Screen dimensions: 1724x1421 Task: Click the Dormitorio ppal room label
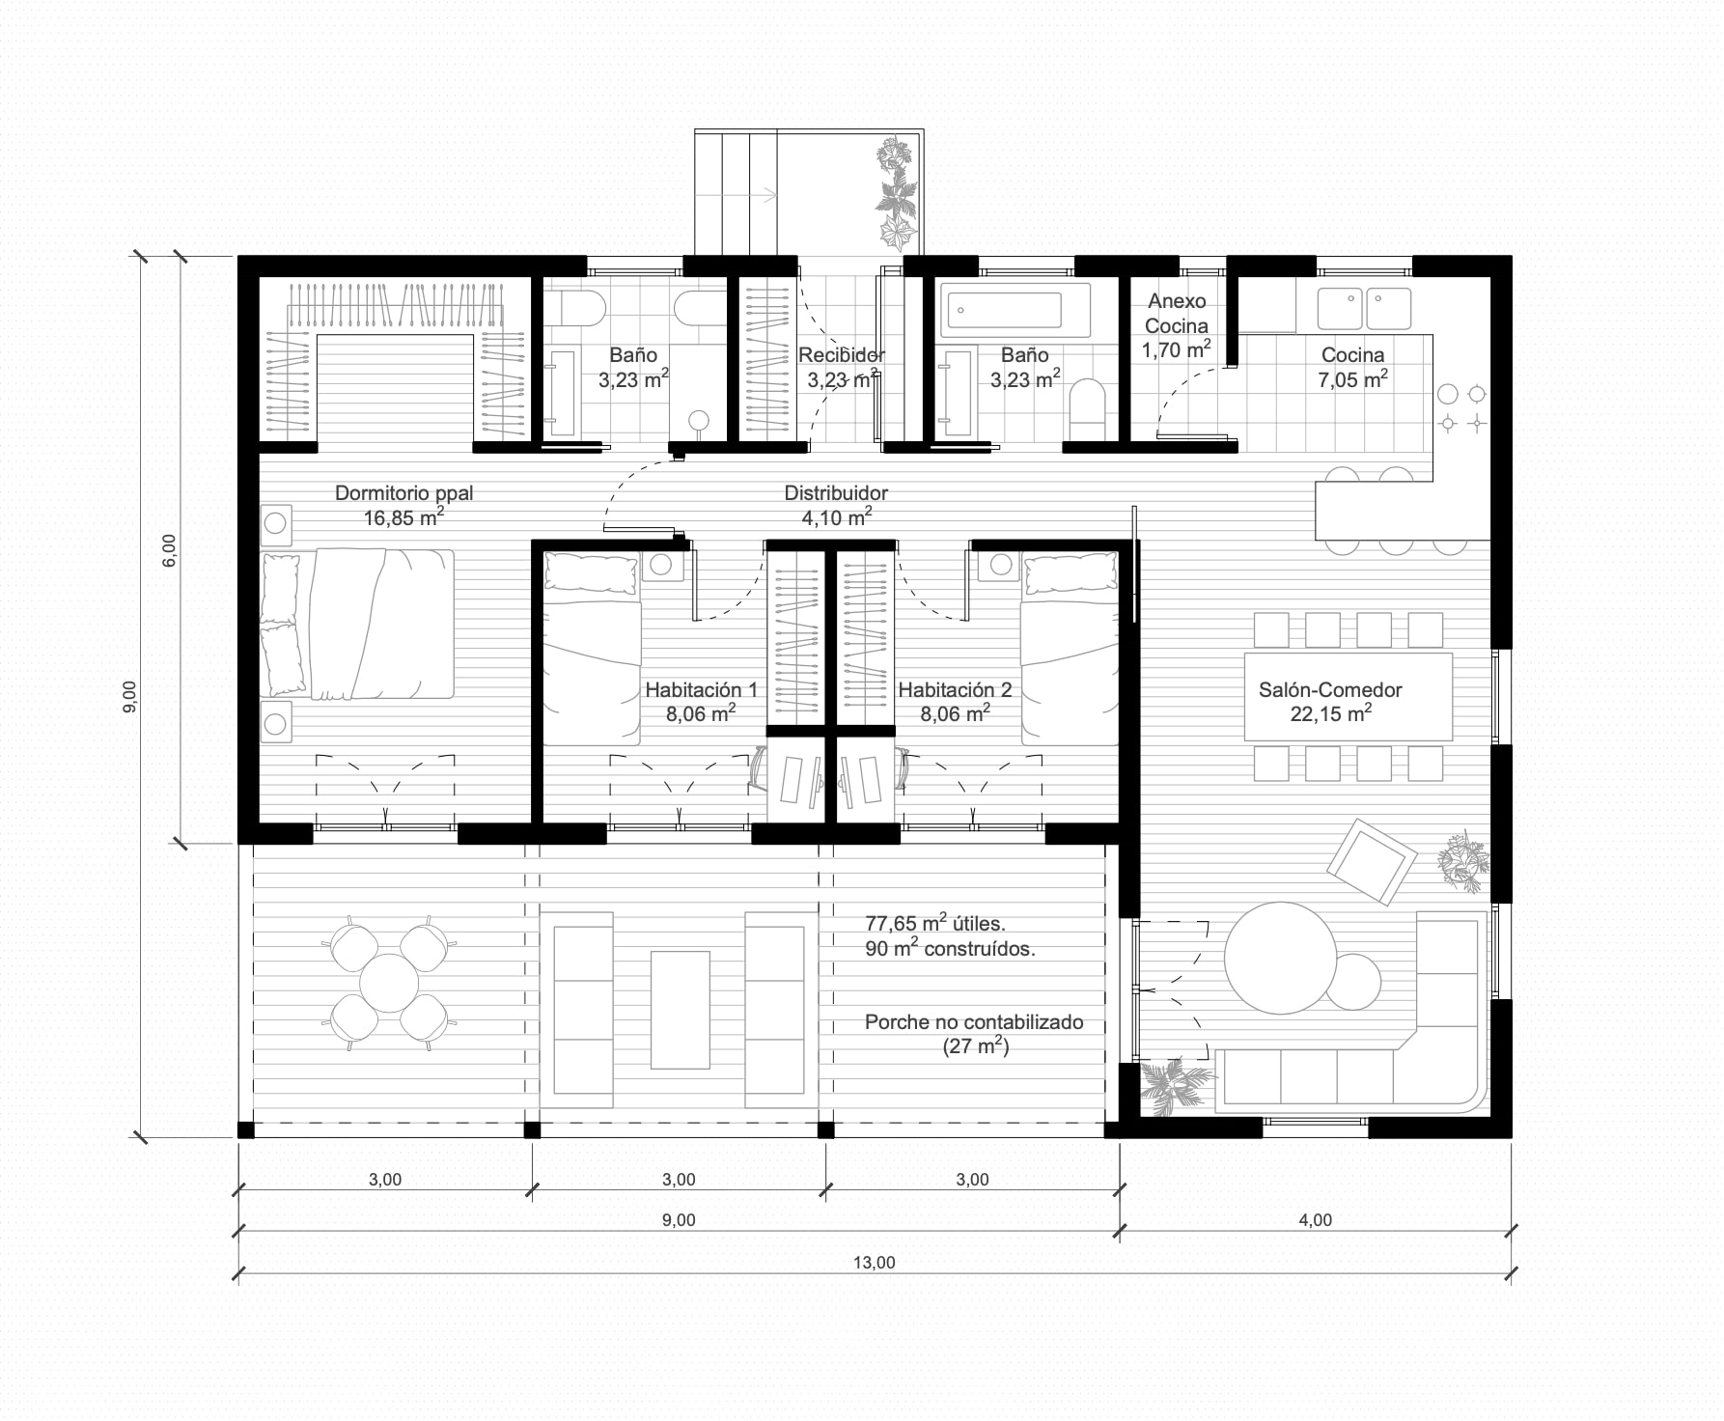[403, 492]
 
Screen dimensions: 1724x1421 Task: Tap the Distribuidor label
[836, 492]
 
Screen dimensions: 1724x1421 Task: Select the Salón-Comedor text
[1330, 690]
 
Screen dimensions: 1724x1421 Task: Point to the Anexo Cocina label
[1177, 314]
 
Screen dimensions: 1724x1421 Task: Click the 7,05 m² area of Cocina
[1353, 379]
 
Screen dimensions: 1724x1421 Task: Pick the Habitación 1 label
[702, 690]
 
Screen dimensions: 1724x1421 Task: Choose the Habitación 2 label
[955, 690]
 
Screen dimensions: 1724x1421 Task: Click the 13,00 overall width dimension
[876, 1262]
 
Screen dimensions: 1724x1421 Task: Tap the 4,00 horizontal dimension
[1315, 1220]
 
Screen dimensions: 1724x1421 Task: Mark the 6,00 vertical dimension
[170, 549]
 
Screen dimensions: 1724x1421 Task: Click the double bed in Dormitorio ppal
[357, 624]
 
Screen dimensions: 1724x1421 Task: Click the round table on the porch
[389, 983]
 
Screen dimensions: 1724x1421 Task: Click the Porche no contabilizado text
[974, 1022]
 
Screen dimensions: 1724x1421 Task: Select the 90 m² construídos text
[950, 948]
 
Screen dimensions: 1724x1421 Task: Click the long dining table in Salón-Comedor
[1349, 696]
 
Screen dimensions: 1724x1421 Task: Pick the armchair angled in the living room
[1372, 862]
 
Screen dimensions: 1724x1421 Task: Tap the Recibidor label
[842, 355]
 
